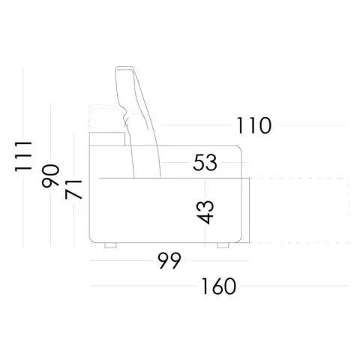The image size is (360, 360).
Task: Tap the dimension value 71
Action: [73, 184]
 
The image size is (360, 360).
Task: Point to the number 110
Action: [253, 125]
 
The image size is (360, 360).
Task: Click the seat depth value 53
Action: [205, 162]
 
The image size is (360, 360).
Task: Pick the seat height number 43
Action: [205, 211]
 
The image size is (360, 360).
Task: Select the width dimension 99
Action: [170, 261]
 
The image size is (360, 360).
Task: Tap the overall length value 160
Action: [217, 286]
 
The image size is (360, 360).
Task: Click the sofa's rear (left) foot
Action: [109, 245]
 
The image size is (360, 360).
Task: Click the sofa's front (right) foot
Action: [222, 245]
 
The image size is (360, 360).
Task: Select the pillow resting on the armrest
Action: [105, 117]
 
